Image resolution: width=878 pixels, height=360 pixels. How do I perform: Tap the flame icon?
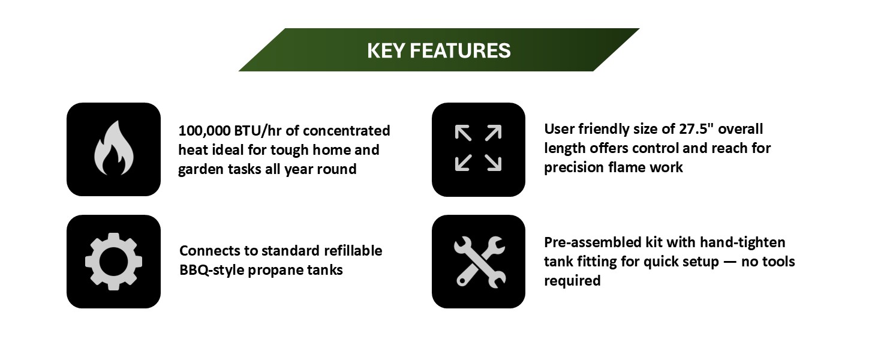(113, 149)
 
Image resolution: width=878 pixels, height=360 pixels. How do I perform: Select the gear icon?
(113, 262)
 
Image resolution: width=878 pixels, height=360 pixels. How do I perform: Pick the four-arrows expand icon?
(478, 149)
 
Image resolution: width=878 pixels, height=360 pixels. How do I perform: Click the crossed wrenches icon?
(478, 262)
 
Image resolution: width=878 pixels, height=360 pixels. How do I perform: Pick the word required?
(572, 281)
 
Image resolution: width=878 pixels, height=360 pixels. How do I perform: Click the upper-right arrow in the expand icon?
(493, 133)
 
